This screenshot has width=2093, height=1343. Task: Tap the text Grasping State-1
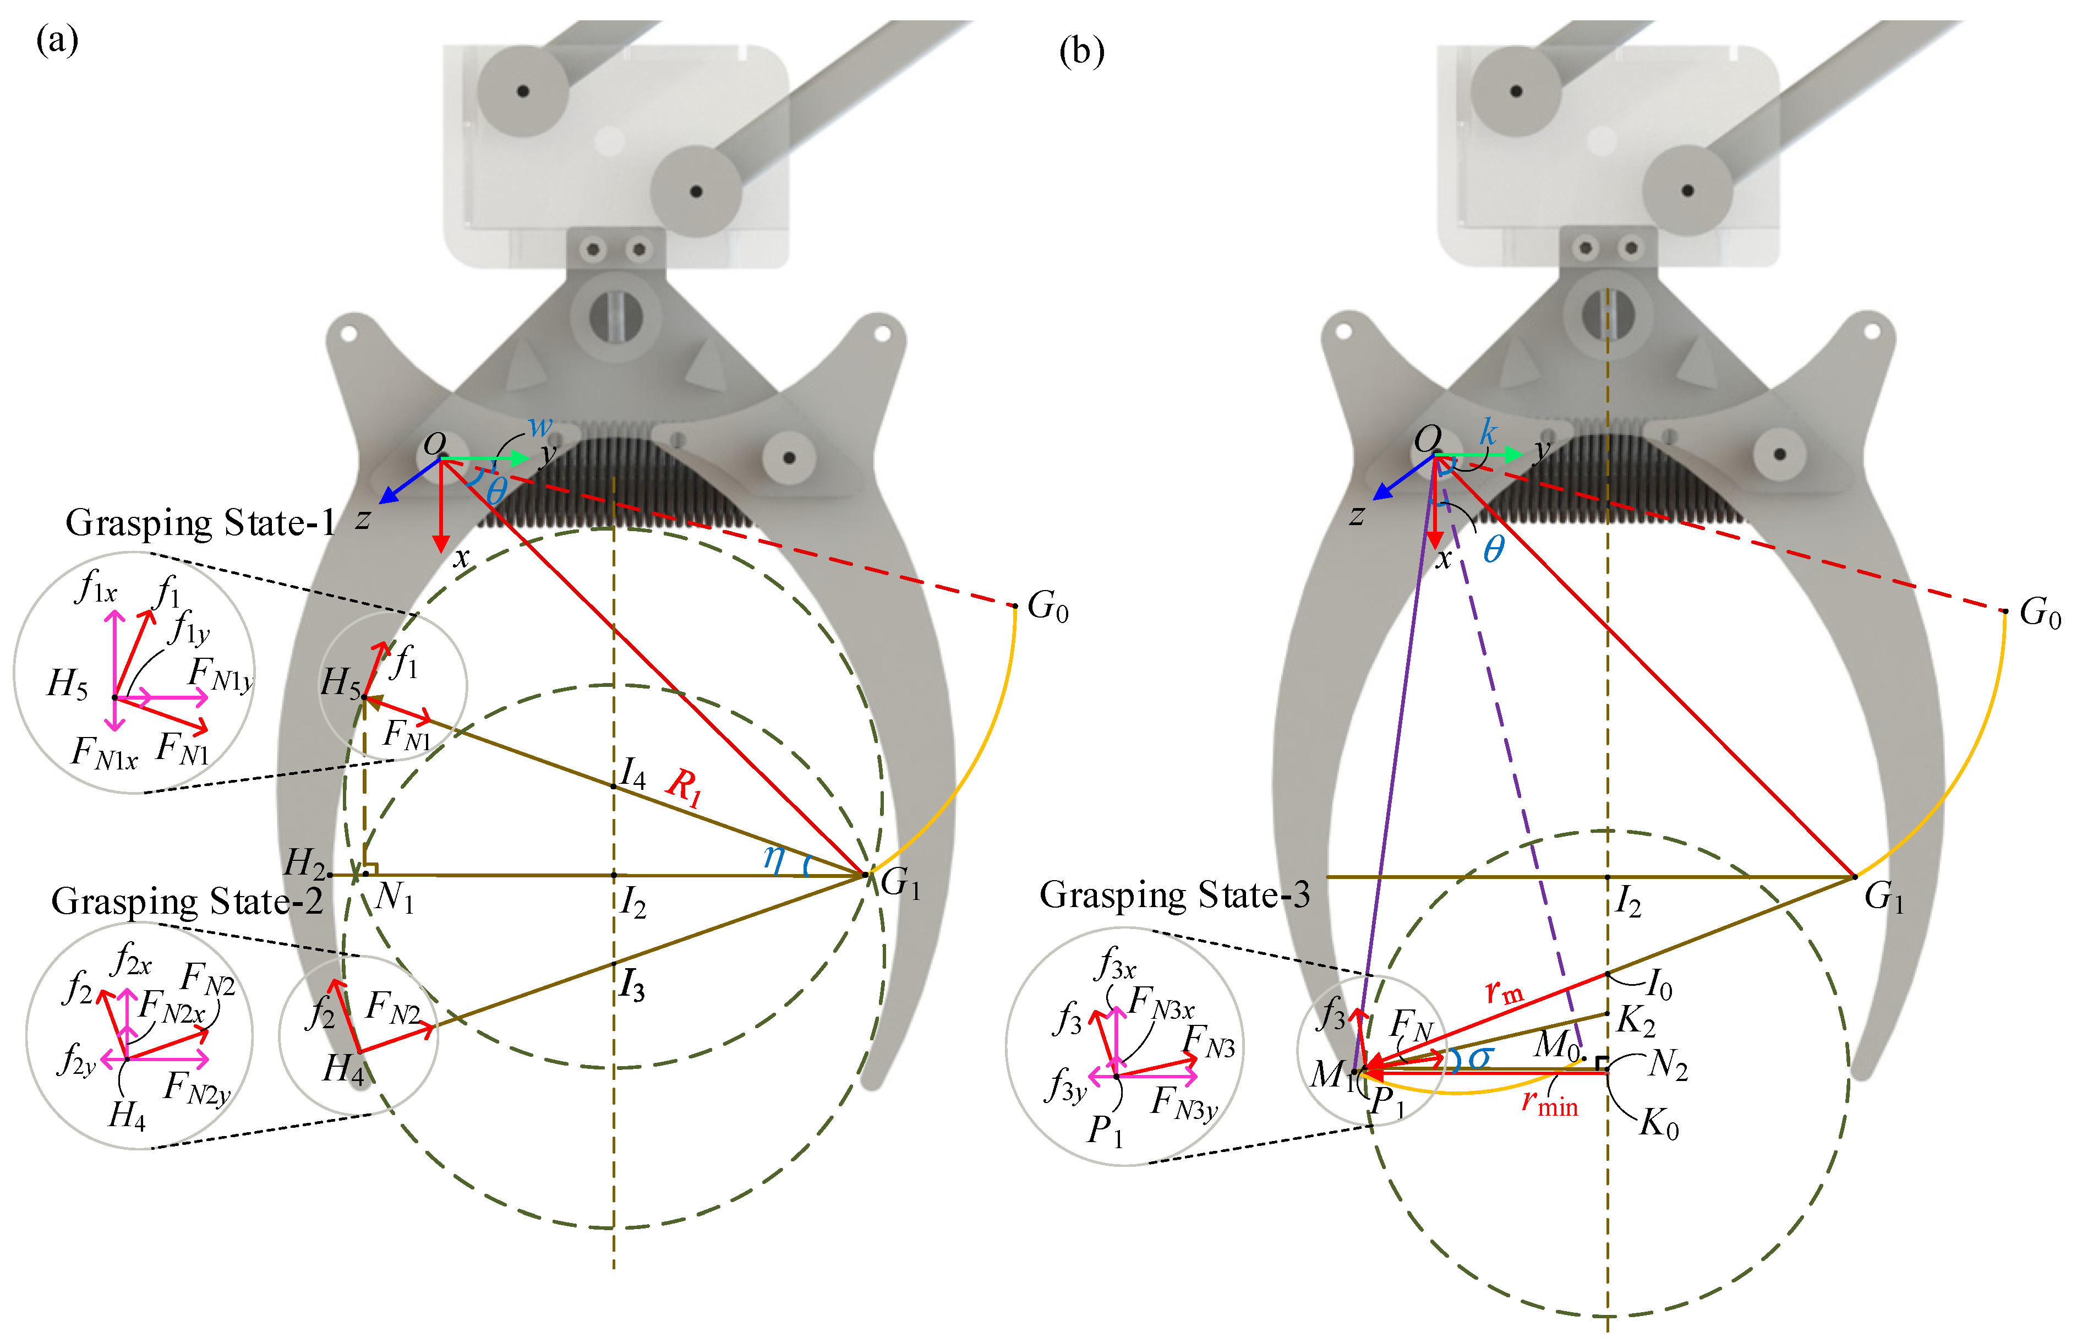tap(200, 522)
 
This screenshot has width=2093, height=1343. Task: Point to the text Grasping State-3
tap(1174, 895)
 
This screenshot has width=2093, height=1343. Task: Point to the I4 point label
tap(633, 773)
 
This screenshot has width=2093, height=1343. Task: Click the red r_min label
tap(1550, 1102)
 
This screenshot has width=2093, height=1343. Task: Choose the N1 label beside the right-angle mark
tap(395, 897)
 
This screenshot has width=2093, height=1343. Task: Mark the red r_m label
tap(1504, 991)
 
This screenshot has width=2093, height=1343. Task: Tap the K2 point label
tap(1635, 1020)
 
